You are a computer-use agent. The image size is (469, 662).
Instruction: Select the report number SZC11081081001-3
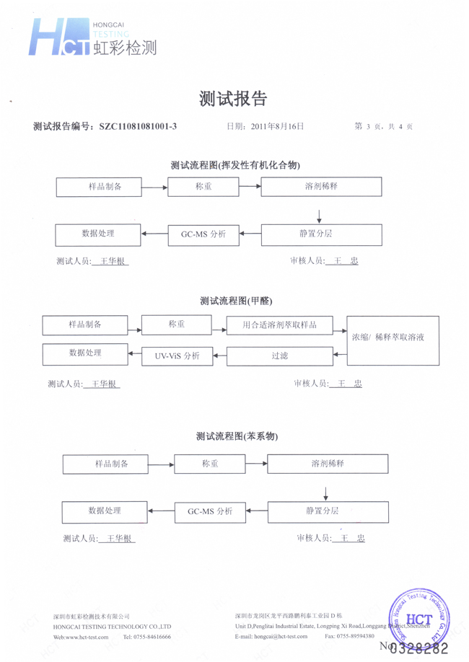[x=138, y=126]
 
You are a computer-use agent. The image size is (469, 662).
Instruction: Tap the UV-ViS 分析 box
[x=177, y=356]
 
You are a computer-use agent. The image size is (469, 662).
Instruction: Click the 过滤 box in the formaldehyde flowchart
[x=280, y=356]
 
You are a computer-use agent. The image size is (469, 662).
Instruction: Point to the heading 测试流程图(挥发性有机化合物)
[x=235, y=165]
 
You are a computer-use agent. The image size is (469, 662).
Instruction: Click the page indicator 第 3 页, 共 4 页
[x=384, y=126]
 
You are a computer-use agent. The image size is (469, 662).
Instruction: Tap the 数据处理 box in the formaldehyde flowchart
[x=85, y=353]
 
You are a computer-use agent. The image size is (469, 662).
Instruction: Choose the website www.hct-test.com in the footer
[x=78, y=637]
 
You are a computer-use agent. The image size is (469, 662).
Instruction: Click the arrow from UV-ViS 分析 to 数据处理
[x=135, y=355]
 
